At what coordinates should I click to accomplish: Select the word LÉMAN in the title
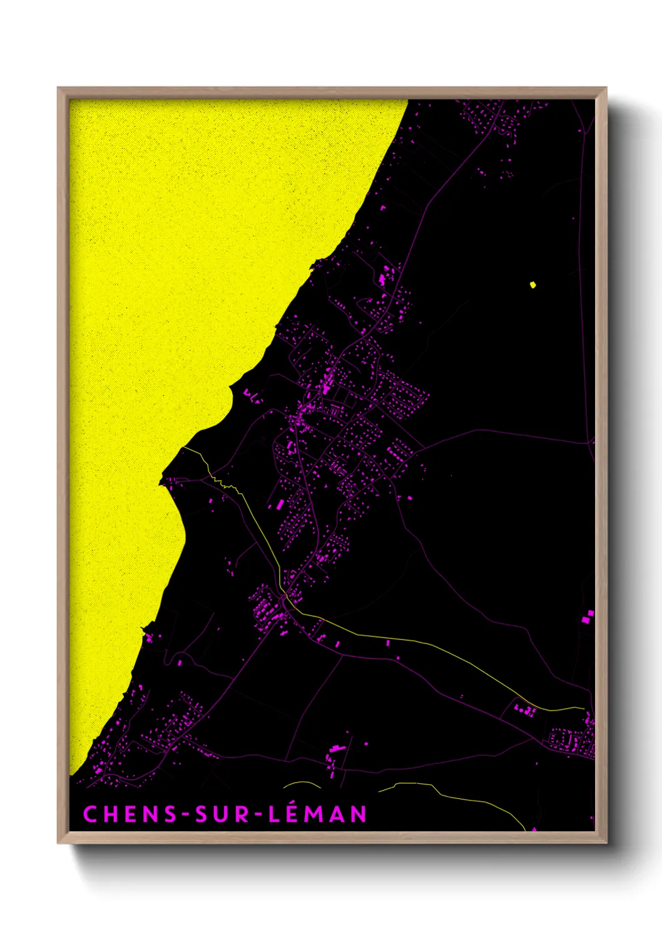(317, 814)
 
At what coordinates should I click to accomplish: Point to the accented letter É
(293, 813)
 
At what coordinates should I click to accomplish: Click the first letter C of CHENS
(89, 814)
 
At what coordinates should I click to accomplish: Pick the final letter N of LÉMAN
(359, 814)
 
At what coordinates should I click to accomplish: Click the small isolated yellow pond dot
(532, 285)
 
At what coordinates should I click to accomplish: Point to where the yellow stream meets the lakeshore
(183, 447)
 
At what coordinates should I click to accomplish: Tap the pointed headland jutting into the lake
(162, 481)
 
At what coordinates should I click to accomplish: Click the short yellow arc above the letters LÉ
(302, 784)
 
